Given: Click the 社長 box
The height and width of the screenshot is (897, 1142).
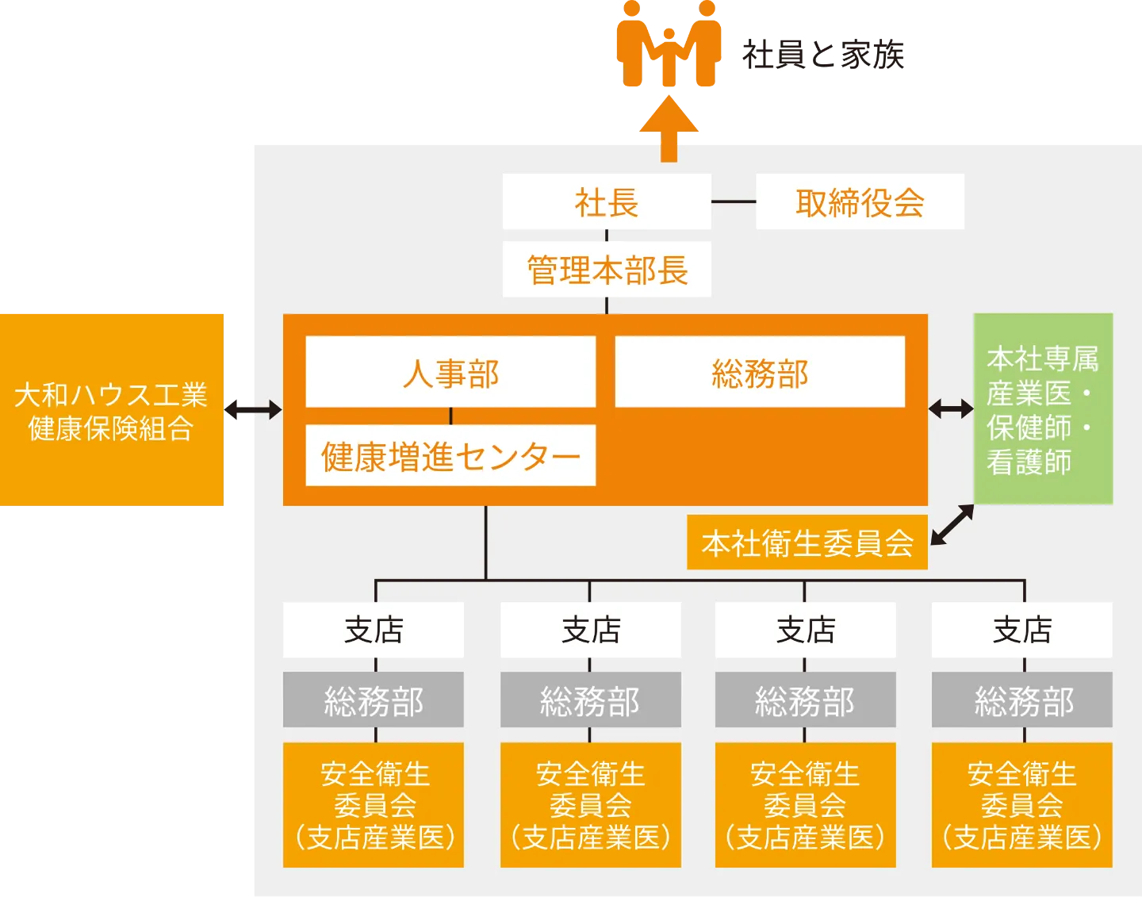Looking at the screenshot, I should [x=607, y=202].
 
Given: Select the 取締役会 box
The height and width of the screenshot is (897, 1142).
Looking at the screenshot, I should [x=860, y=202].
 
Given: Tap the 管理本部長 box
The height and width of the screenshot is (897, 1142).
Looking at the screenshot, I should [x=607, y=270].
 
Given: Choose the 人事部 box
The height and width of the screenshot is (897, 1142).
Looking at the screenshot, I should [x=450, y=373].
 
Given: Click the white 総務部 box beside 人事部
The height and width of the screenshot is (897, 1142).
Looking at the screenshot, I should [x=760, y=373].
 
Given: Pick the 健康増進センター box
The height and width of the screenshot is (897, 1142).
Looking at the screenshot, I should [x=450, y=456].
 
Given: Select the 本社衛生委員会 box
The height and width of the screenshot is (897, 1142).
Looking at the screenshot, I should [x=807, y=542].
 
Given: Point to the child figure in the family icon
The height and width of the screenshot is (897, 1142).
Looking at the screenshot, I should [x=669, y=56].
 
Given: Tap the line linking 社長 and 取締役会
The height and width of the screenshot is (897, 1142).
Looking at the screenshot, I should [x=734, y=201].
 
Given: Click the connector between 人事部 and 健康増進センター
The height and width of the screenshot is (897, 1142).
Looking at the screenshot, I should [x=450, y=416].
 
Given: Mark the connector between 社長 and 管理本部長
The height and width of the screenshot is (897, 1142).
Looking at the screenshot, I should [x=607, y=236].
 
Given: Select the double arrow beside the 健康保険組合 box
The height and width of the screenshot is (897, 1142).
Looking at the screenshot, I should [x=254, y=410].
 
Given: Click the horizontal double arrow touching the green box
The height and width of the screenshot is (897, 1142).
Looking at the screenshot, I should [x=951, y=409].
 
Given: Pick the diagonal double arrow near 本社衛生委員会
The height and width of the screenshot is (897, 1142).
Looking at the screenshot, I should [x=952, y=525].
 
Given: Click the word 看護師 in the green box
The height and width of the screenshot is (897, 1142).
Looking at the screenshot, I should [x=1029, y=462].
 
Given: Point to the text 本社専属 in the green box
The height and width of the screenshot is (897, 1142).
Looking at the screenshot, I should [x=1042, y=359].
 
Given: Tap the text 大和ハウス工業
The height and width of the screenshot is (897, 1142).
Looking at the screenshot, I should [x=111, y=394].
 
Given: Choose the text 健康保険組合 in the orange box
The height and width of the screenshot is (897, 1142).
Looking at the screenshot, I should [x=111, y=428].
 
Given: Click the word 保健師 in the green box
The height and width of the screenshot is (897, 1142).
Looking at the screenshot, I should [x=1029, y=427].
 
